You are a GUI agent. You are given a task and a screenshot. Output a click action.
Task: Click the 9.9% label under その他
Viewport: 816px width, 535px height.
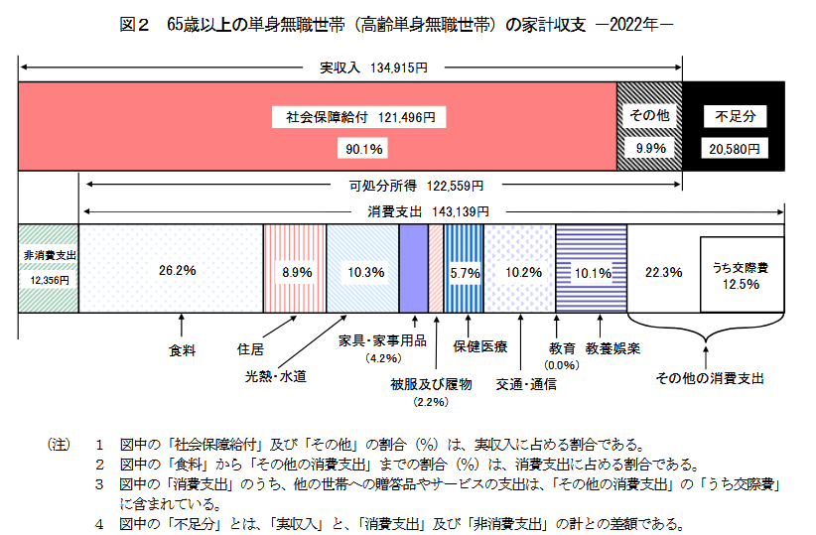tap(650, 148)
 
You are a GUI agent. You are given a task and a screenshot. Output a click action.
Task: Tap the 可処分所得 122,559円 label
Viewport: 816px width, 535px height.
tap(416, 186)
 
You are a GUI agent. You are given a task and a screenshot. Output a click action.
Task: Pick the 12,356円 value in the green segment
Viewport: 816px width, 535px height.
tap(49, 281)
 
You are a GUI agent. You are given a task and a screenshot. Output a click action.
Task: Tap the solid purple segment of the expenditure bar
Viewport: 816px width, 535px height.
tap(413, 269)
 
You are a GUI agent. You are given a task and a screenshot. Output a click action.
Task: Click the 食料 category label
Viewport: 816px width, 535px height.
tap(182, 350)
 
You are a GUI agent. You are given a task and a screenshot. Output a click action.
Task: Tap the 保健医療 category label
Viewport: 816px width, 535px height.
tap(480, 346)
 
